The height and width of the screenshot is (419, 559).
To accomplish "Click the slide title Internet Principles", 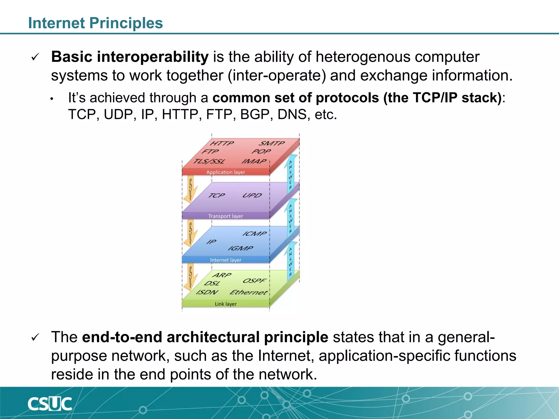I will pyautogui.click(x=95, y=23).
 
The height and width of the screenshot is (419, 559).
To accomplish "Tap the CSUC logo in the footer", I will pyautogui.click(x=50, y=404).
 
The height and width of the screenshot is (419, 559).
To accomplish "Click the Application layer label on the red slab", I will pyautogui.click(x=225, y=172).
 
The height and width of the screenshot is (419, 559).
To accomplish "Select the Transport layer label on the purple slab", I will pyautogui.click(x=225, y=216).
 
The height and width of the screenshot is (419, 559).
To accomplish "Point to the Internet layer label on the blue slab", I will pyautogui.click(x=225, y=260).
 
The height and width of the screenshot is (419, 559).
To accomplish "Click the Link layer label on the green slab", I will pyautogui.click(x=225, y=304).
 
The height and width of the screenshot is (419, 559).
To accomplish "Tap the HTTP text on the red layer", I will pyautogui.click(x=222, y=143).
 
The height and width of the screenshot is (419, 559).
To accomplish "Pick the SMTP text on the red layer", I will pyautogui.click(x=272, y=143).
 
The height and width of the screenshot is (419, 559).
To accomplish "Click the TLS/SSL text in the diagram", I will pyautogui.click(x=209, y=161).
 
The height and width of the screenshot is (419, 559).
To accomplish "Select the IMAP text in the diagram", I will pyautogui.click(x=254, y=161).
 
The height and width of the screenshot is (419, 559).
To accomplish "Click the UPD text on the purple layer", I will pyautogui.click(x=252, y=195).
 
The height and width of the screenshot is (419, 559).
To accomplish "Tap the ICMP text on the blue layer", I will pyautogui.click(x=254, y=234).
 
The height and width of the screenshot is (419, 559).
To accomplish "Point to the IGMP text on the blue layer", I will pyautogui.click(x=240, y=248).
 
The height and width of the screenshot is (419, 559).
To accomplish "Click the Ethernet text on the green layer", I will pyautogui.click(x=248, y=292).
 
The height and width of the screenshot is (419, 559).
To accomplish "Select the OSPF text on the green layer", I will pyautogui.click(x=254, y=281).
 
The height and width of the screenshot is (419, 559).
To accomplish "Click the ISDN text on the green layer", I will pyautogui.click(x=207, y=292).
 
